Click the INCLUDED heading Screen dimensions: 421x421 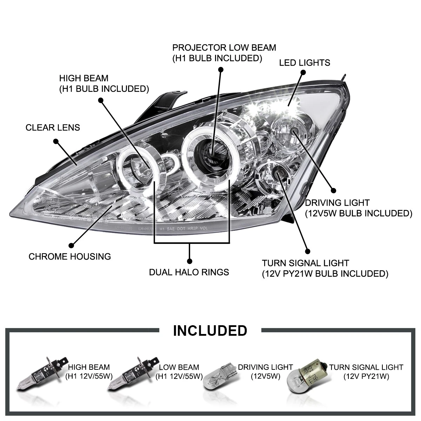tap(210, 330)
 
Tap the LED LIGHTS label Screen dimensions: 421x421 tap(305, 63)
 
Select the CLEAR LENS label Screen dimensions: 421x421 tap(53, 127)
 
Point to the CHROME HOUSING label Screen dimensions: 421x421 tap(69, 256)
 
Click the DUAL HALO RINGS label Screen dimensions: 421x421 tap(189, 272)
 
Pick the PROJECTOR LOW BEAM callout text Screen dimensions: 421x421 tap(224, 53)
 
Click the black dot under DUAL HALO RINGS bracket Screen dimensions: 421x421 tap(190, 261)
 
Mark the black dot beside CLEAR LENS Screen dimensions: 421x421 tap(55, 141)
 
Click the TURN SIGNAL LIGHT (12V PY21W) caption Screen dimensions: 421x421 tap(366, 372)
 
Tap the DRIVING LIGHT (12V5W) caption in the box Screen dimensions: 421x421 tap(265, 372)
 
